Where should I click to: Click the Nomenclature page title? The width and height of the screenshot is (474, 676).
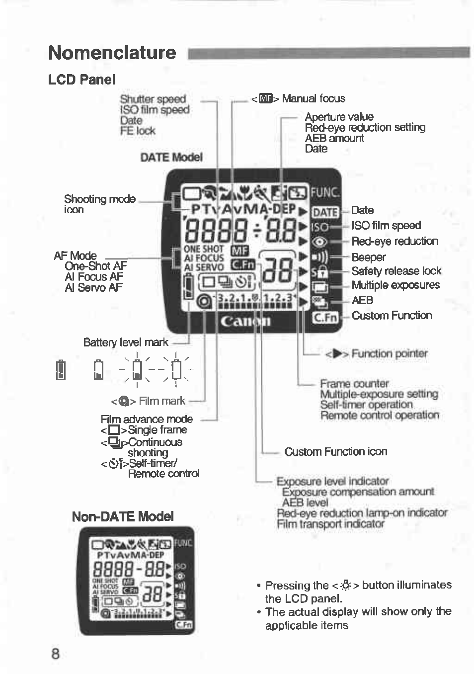pyautogui.click(x=112, y=53)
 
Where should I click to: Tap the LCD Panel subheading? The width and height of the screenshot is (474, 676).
pyautogui.click(x=81, y=80)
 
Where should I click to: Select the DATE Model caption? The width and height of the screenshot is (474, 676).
pyautogui.click(x=171, y=157)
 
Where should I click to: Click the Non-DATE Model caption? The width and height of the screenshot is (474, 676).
pyautogui.click(x=123, y=516)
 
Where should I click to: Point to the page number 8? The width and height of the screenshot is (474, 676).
pyautogui.click(x=55, y=653)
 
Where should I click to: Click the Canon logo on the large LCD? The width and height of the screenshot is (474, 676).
pyautogui.click(x=245, y=321)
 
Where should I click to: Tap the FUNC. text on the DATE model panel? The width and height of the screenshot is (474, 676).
pyautogui.click(x=325, y=192)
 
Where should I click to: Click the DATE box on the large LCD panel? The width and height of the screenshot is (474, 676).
pyautogui.click(x=325, y=212)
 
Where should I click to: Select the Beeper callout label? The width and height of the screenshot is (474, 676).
pyautogui.click(x=368, y=257)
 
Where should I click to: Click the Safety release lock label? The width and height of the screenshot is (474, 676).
pyautogui.click(x=396, y=271)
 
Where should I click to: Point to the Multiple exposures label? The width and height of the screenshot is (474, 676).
pyautogui.click(x=395, y=285)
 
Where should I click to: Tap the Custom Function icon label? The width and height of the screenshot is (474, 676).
pyautogui.click(x=335, y=451)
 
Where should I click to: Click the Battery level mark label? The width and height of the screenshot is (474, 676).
pyautogui.click(x=126, y=342)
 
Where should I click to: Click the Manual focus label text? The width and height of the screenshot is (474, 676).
pyautogui.click(x=313, y=98)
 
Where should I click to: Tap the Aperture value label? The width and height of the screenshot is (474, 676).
pyautogui.click(x=339, y=117)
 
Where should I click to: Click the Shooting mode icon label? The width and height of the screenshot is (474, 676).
pyautogui.click(x=99, y=204)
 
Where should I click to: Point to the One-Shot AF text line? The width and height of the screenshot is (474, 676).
pyautogui.click(x=95, y=266)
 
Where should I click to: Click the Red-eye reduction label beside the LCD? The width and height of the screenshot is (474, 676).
pyautogui.click(x=395, y=241)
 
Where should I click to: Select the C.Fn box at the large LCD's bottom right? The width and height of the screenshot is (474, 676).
pyautogui.click(x=325, y=317)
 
